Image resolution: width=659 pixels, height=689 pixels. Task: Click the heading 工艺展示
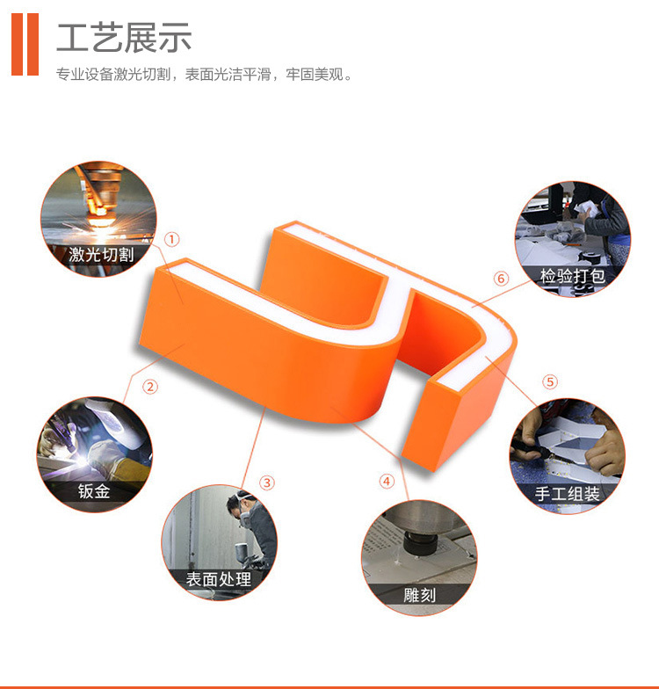tap(124, 38)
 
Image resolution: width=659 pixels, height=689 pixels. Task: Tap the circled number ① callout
tap(172, 239)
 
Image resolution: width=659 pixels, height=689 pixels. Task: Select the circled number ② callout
tap(150, 387)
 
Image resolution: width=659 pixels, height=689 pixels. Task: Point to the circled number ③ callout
tap(267, 482)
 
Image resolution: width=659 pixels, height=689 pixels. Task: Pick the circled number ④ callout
tap(387, 482)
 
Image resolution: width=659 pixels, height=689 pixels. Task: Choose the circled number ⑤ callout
tap(550, 381)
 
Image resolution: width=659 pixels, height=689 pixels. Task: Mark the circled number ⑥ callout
tap(501, 278)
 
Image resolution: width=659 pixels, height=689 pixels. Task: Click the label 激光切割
tap(101, 255)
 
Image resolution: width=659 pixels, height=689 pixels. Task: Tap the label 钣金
tap(94, 490)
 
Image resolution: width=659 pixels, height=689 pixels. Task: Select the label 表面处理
tap(218, 578)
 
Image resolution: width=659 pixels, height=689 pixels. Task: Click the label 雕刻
tap(420, 595)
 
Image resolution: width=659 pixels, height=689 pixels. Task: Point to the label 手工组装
tap(568, 494)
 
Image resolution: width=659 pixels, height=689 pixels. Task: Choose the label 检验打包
tap(573, 276)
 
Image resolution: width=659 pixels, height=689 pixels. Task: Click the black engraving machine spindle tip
tap(420, 544)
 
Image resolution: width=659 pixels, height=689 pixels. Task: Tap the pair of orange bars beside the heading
tap(25, 44)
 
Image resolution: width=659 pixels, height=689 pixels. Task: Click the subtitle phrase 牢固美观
tap(315, 74)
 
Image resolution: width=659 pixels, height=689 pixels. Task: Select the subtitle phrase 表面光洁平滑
tap(228, 74)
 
